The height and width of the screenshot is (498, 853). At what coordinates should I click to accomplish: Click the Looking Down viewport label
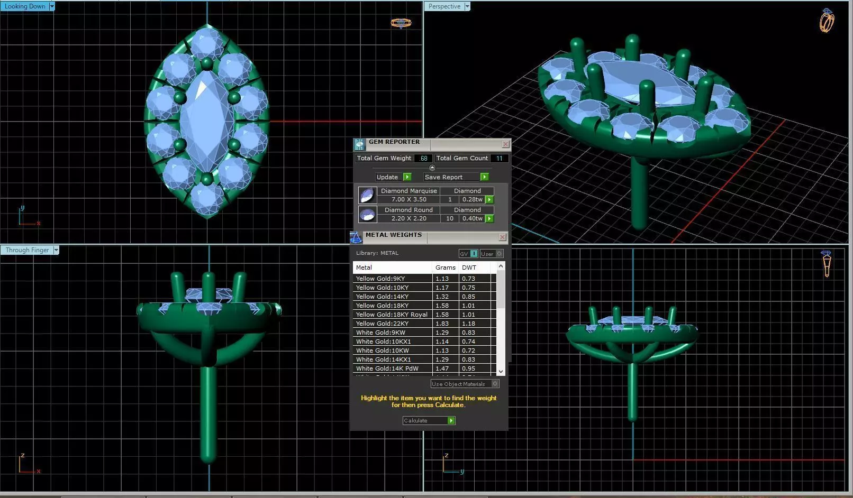click(24, 6)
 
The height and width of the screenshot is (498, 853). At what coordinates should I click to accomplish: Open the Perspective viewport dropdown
click(467, 6)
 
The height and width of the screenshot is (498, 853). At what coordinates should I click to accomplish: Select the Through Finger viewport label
click(27, 250)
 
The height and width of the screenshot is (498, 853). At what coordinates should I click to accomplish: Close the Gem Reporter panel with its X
click(505, 144)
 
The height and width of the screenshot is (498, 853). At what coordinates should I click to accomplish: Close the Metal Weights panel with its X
click(502, 237)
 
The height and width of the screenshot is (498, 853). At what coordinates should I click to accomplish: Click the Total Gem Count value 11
click(498, 158)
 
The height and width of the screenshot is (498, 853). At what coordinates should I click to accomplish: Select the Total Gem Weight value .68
click(423, 158)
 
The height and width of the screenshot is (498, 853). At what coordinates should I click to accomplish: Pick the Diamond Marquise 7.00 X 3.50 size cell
click(409, 199)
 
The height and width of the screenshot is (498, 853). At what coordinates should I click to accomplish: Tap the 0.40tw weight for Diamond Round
click(472, 218)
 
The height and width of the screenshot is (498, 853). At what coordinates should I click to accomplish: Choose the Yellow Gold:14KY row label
click(382, 297)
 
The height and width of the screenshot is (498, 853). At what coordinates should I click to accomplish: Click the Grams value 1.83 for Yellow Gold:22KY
click(442, 324)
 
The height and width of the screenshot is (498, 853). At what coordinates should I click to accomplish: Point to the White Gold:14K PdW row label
click(387, 368)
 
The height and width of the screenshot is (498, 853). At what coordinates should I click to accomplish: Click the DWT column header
click(469, 268)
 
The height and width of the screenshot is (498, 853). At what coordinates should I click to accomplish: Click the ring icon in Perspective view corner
click(826, 21)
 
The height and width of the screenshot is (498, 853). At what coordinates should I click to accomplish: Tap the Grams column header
click(445, 268)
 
